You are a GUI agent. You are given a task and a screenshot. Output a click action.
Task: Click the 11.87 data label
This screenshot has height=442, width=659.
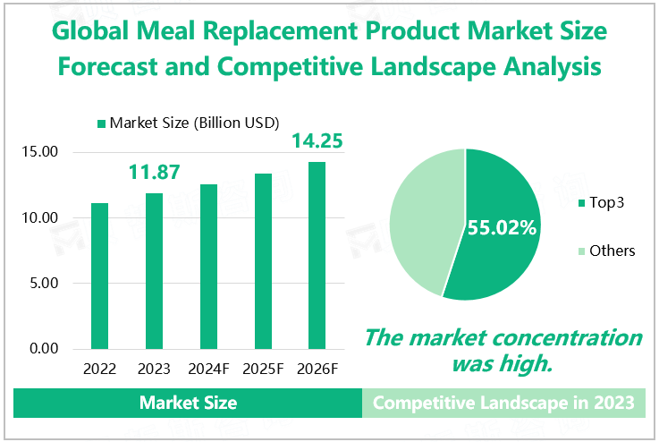pos(154,172)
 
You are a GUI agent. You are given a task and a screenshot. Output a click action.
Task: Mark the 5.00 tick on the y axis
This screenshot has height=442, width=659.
pos(42,284)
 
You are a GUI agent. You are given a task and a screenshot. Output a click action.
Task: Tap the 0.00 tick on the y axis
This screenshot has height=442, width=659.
pos(42,349)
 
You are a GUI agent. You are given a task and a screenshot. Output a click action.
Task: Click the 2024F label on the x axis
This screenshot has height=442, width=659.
pos(208,369)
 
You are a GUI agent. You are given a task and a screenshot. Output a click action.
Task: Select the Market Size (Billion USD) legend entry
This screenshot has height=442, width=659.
pos(189,122)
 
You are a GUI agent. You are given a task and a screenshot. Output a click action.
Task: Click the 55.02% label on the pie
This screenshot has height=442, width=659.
pos(501,227)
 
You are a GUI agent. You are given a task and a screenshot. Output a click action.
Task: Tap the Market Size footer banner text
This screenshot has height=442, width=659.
pos(188,403)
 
